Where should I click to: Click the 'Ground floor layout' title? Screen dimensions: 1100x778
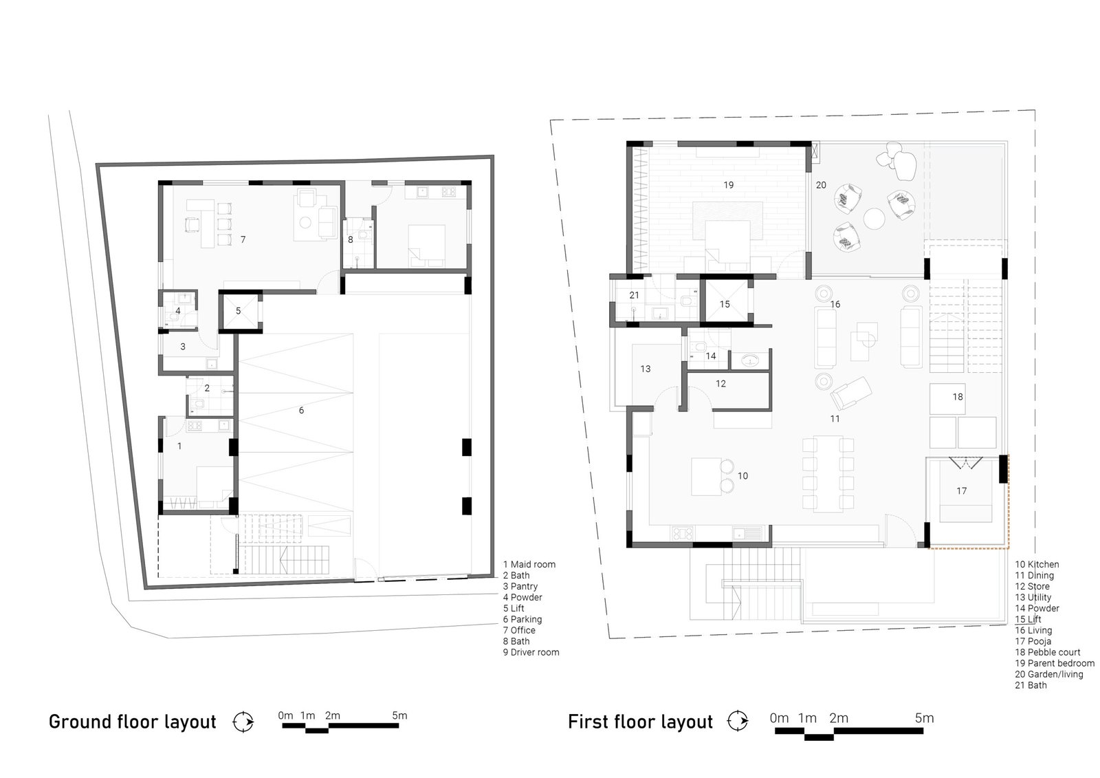(132, 722)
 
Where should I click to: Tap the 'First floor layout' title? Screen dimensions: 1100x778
(640, 722)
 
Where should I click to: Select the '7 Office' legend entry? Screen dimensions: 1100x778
(519, 631)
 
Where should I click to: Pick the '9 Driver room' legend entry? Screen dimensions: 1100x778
(531, 653)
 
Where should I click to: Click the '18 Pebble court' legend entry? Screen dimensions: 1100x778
(1048, 653)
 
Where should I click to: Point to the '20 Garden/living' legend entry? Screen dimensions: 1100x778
(1049, 675)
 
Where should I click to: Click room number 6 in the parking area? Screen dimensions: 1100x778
(301, 411)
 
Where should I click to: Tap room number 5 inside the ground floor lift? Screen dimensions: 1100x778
(238, 311)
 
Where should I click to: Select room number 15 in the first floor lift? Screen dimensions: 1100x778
(725, 304)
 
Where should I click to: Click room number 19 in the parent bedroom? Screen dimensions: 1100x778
(728, 185)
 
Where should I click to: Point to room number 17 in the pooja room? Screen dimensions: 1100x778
(962, 491)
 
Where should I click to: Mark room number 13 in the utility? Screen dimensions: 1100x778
(646, 369)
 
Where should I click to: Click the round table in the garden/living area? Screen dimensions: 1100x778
(874, 219)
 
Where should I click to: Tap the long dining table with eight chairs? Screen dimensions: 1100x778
(828, 474)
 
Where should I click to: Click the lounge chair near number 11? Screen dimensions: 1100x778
(851, 392)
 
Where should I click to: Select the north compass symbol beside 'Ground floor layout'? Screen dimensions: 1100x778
(243, 722)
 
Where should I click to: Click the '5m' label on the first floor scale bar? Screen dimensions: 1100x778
(924, 718)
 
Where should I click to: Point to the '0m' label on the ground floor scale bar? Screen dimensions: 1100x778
(285, 715)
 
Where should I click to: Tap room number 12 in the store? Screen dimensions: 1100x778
(720, 384)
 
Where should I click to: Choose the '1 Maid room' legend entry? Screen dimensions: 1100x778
(529, 565)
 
